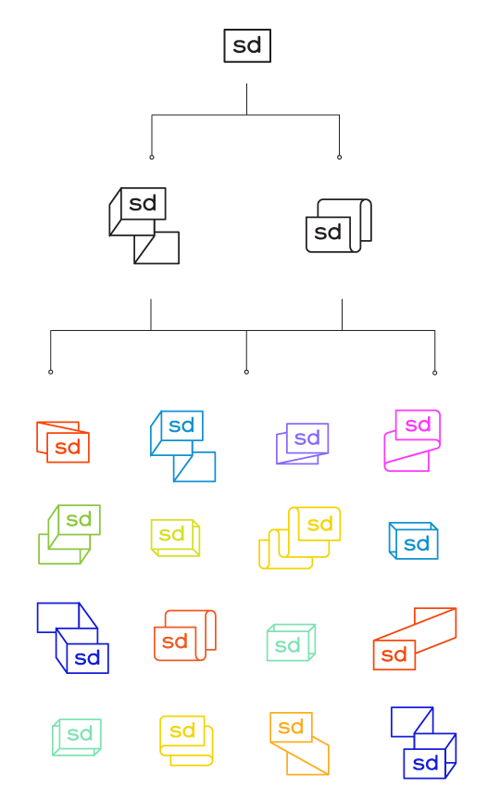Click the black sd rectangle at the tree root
point(247,46)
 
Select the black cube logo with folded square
point(144,225)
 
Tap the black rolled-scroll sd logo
point(339,225)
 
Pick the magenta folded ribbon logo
point(412,439)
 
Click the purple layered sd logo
point(302,443)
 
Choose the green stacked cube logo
point(69,534)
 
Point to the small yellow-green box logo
point(175,538)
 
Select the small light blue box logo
point(413,540)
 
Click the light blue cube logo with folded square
point(182,446)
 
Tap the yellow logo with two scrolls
point(300,538)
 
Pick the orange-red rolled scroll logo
point(185,635)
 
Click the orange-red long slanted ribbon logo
point(415,639)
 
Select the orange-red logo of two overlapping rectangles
point(63,442)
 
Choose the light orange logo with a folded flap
point(299,743)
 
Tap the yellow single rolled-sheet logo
point(186,741)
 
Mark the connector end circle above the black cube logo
point(151,158)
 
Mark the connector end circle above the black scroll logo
point(340,158)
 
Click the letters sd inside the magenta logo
point(418,425)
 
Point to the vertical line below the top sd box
point(246,99)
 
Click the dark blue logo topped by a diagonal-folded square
point(423,743)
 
